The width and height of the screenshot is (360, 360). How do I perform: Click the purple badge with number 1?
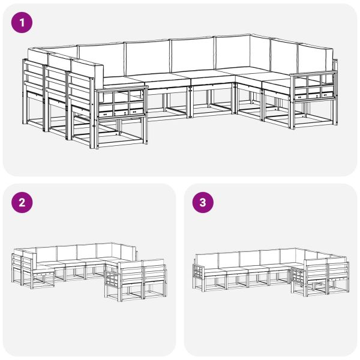[22, 23]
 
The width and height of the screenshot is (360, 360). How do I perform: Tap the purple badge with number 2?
[22, 203]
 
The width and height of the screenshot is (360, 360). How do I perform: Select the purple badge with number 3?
[203, 203]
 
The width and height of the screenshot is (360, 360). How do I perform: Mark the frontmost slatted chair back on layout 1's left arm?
[82, 96]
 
